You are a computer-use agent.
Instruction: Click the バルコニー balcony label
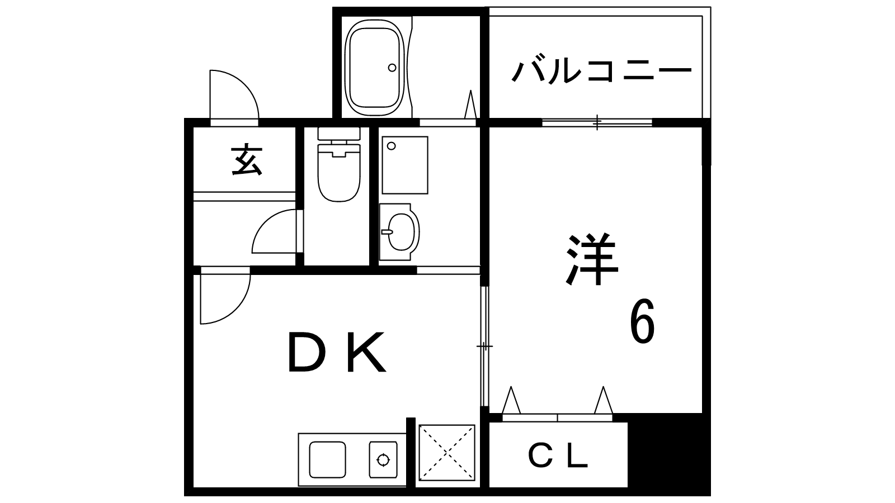pyautogui.click(x=601, y=72)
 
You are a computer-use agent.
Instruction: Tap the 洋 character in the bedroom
pyautogui.click(x=592, y=259)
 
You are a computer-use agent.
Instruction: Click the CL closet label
pyautogui.click(x=558, y=456)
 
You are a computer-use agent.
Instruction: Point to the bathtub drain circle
pyautogui.click(x=392, y=68)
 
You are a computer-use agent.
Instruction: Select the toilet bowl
pyautogui.click(x=339, y=173)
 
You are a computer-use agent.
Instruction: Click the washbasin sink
pyautogui.click(x=399, y=232)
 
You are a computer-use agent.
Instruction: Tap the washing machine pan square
pyautogui.click(x=405, y=165)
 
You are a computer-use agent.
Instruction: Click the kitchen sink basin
pyautogui.click(x=328, y=459)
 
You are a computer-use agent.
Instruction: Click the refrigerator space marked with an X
pyautogui.click(x=447, y=453)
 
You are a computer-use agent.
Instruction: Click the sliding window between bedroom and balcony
pyautogui.click(x=597, y=122)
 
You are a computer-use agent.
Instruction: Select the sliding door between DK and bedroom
pyautogui.click(x=484, y=346)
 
